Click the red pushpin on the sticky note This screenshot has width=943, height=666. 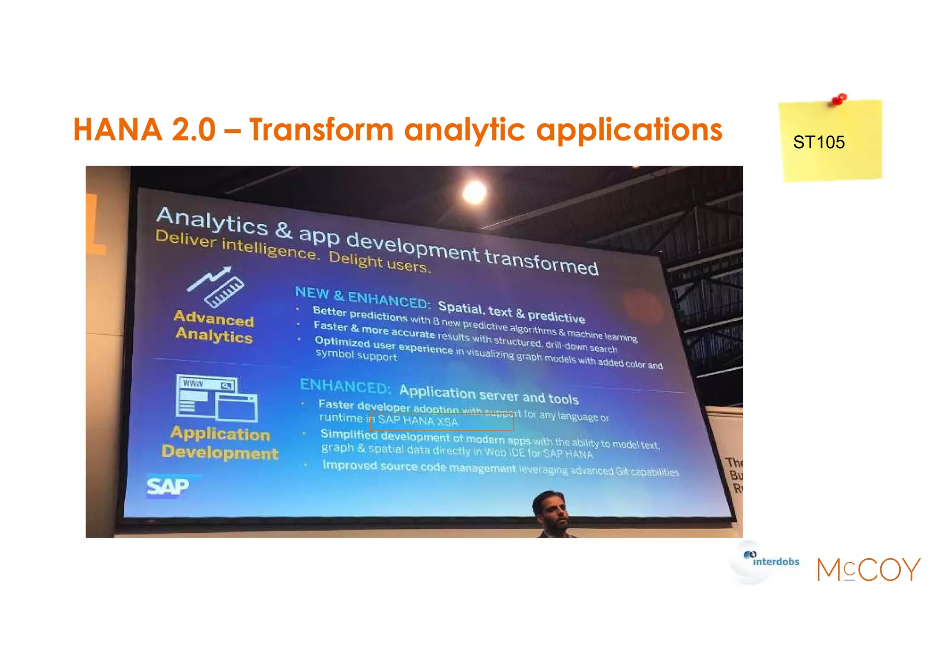(x=839, y=99)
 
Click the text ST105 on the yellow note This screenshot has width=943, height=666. (x=819, y=142)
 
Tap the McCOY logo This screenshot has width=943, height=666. (x=868, y=570)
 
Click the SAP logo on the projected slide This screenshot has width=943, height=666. (x=168, y=486)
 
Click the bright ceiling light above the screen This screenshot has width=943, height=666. (x=474, y=192)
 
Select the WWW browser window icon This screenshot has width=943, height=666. (x=216, y=397)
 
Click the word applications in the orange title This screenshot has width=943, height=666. (x=629, y=130)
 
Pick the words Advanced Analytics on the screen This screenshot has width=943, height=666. (x=214, y=326)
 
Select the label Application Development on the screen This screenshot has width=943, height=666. (x=220, y=443)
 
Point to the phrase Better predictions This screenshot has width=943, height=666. (x=360, y=314)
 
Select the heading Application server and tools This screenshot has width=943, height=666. (x=489, y=394)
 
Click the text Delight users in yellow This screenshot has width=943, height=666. (x=379, y=261)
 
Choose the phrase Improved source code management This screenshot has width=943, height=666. (x=419, y=467)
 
